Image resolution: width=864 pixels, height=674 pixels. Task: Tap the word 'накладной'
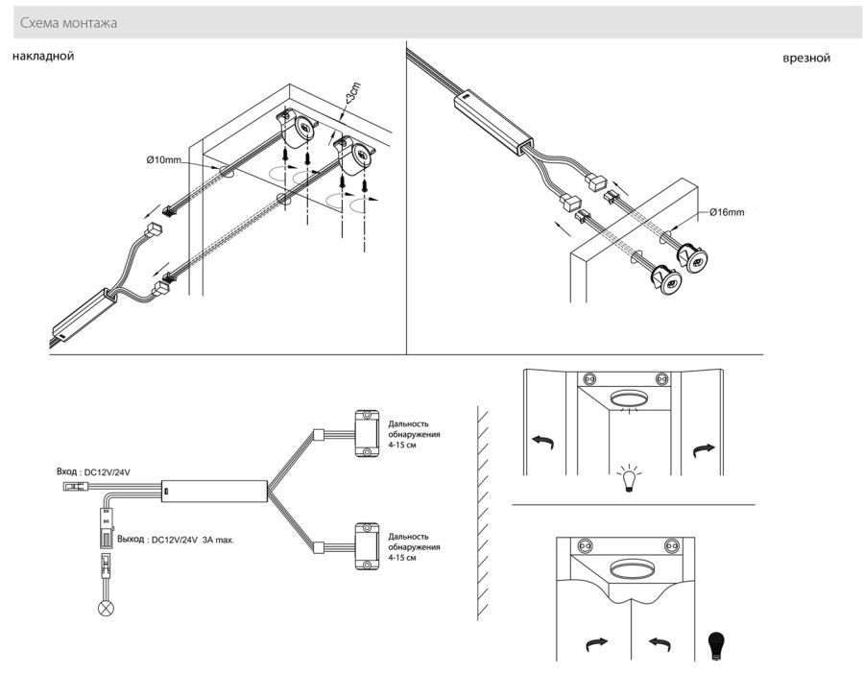pos(43,57)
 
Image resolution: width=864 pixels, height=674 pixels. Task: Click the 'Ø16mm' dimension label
pos(727,211)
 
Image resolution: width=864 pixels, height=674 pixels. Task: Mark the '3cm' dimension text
pos(354,94)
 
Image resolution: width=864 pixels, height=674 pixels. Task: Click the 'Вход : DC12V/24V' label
pos(93,472)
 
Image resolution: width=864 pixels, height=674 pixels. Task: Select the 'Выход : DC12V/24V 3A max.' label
pos(176,540)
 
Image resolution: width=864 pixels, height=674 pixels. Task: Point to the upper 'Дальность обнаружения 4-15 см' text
pos(415,434)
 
